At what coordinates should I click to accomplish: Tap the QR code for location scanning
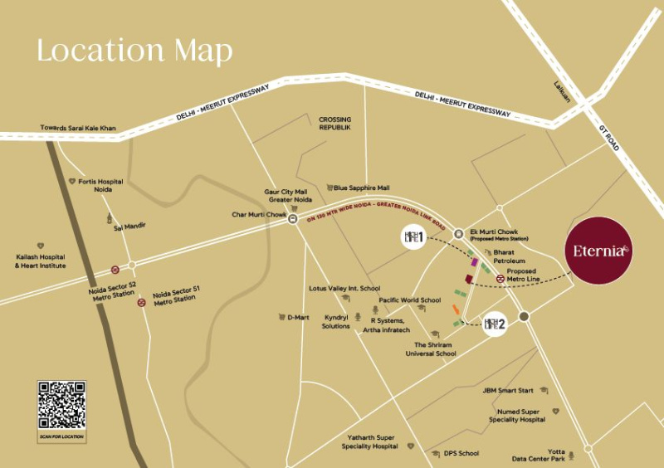(x=61, y=405)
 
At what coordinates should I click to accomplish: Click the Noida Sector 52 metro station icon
(x=115, y=269)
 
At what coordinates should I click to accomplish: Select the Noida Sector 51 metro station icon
(x=142, y=302)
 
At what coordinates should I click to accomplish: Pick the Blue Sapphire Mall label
(x=362, y=188)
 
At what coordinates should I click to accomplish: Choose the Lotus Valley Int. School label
(x=344, y=289)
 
